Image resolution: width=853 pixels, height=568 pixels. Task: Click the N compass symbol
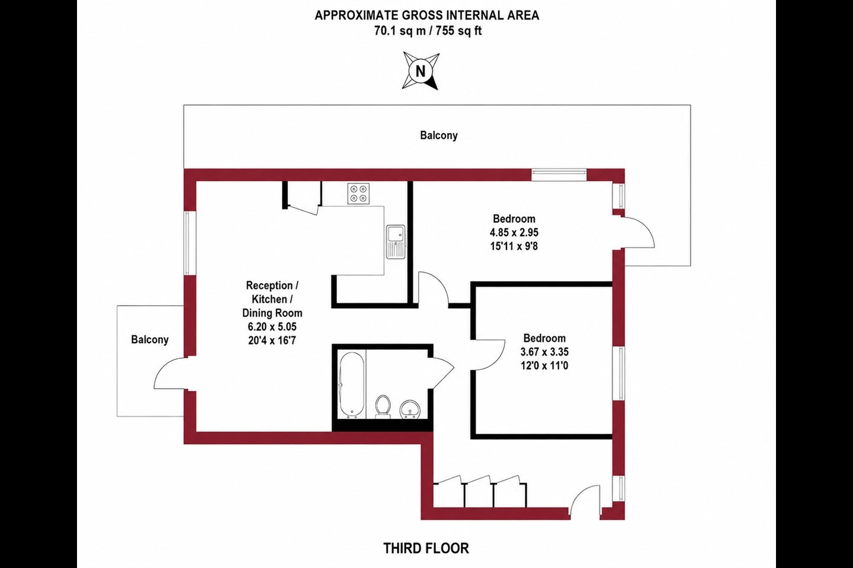point(421,71)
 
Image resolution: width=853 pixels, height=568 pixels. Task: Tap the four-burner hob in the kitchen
point(358,193)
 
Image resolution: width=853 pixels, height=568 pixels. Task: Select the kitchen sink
point(396,242)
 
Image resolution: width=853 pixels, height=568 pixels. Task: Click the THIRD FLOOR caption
point(426,548)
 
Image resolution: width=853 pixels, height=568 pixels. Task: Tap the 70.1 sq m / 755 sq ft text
point(428,31)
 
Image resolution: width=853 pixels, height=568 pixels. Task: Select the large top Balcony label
point(439,135)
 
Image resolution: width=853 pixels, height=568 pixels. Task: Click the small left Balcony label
point(150,340)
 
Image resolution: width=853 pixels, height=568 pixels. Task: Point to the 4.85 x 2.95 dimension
point(514,233)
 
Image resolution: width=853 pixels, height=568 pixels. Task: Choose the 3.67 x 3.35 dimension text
point(544,352)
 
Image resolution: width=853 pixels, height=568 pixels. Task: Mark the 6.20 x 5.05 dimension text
point(272,327)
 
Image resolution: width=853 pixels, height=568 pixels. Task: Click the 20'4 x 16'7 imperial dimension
point(272,340)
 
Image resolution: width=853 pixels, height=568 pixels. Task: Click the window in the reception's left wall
point(187,243)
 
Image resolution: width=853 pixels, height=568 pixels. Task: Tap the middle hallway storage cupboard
point(479,493)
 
